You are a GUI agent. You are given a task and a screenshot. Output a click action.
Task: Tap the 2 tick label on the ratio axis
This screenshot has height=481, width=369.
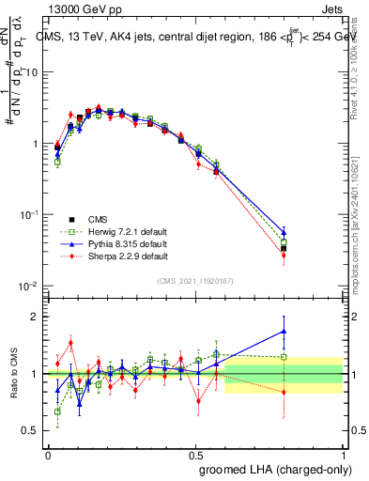[x=36, y=317]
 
